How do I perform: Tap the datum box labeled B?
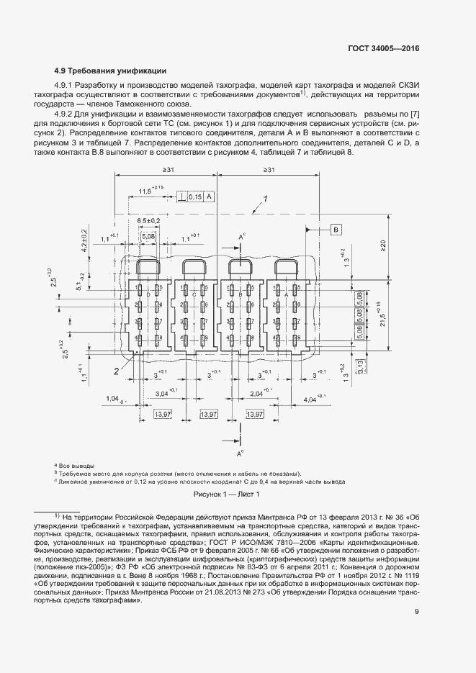click(336, 230)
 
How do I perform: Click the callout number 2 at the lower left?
click(114, 371)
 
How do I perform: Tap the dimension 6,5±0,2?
click(150, 220)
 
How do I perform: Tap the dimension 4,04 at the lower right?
click(314, 397)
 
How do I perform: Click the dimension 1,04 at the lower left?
click(112, 397)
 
